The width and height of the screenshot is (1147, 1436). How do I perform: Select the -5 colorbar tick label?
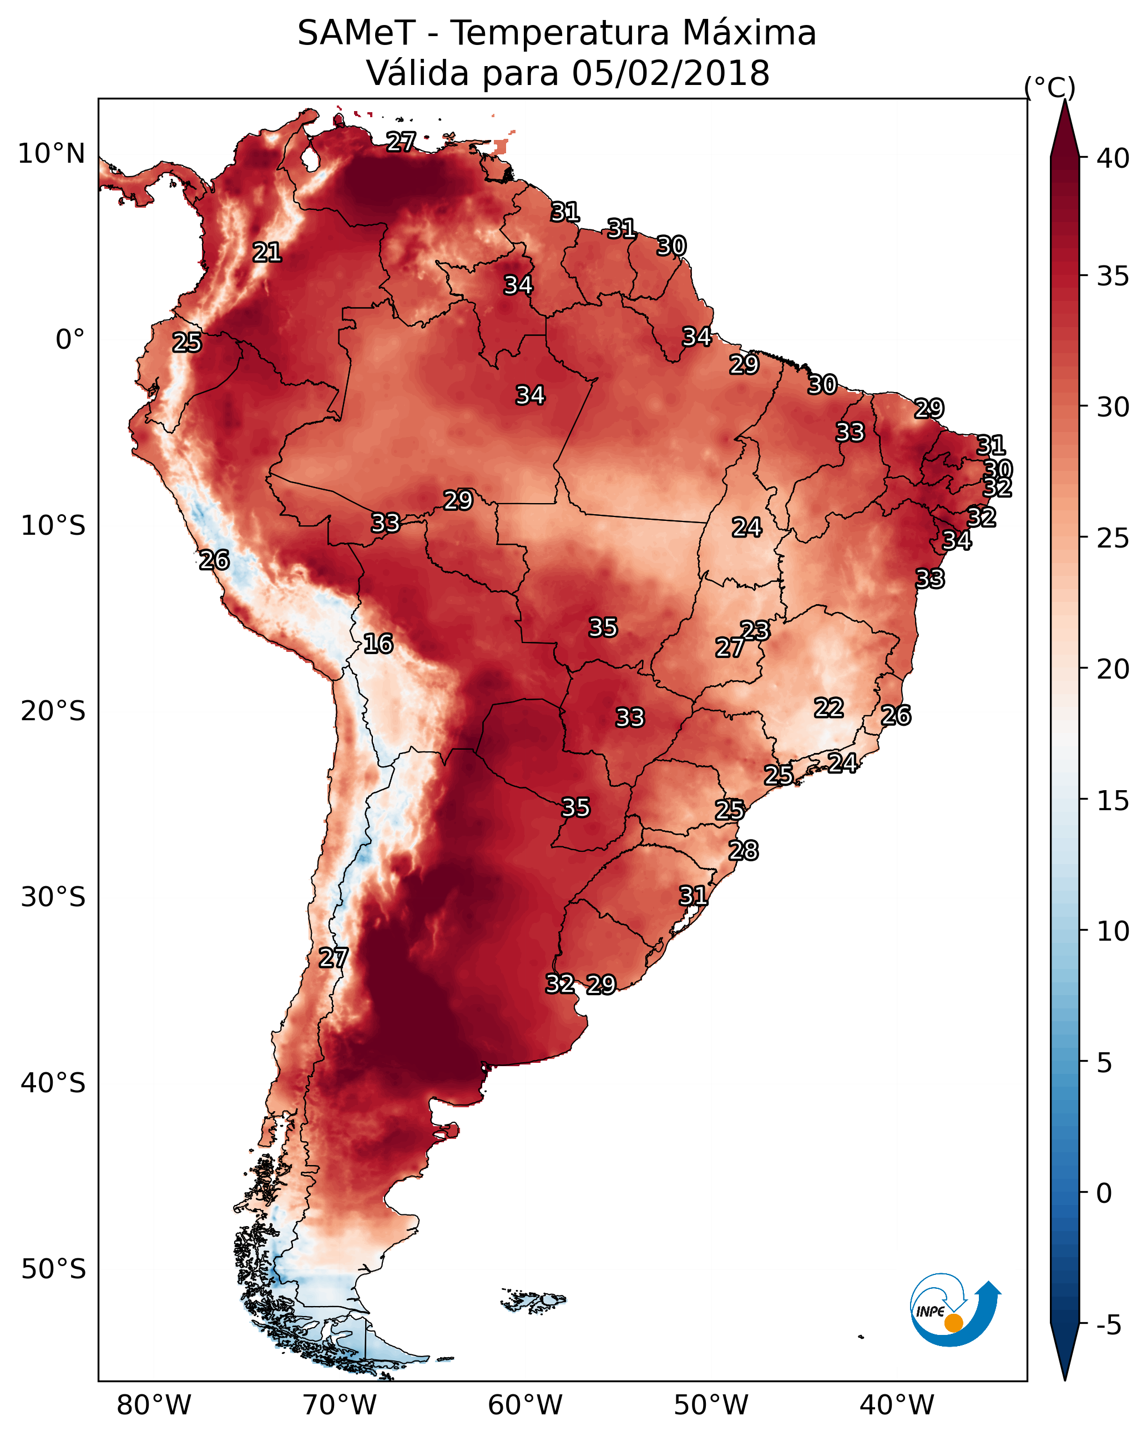(x=1108, y=1325)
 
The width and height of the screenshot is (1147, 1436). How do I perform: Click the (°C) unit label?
(x=1050, y=87)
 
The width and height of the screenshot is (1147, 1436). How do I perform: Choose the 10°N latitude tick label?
(x=51, y=154)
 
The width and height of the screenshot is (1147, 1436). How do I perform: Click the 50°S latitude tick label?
(x=53, y=1269)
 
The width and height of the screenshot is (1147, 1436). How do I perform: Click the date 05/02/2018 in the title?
(x=670, y=73)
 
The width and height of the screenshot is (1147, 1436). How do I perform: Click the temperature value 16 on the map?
(x=378, y=644)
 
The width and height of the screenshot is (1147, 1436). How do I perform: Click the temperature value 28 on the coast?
(x=744, y=851)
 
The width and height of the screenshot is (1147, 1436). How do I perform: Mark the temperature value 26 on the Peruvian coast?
(x=214, y=560)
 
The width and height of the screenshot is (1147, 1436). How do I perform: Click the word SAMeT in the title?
(x=357, y=33)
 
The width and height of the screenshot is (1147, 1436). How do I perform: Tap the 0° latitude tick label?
(x=70, y=340)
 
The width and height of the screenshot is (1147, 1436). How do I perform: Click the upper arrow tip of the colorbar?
(x=1064, y=100)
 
